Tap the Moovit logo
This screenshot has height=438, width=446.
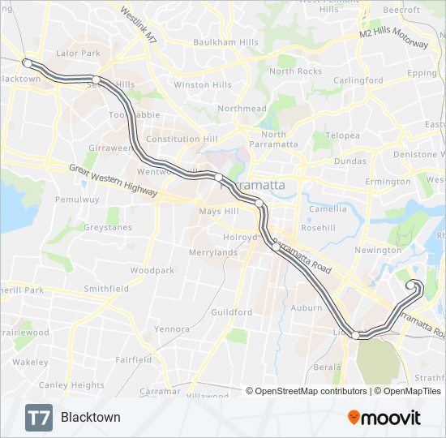click(384, 418)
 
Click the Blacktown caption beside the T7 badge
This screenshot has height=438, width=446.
click(90, 418)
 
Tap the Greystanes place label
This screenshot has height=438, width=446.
click(107, 228)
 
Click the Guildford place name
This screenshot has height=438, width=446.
click(231, 311)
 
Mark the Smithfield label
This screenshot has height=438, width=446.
click(106, 288)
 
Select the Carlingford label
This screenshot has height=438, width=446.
click(358, 80)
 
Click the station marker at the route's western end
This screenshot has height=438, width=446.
click(27, 62)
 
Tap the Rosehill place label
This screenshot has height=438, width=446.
click(318, 228)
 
